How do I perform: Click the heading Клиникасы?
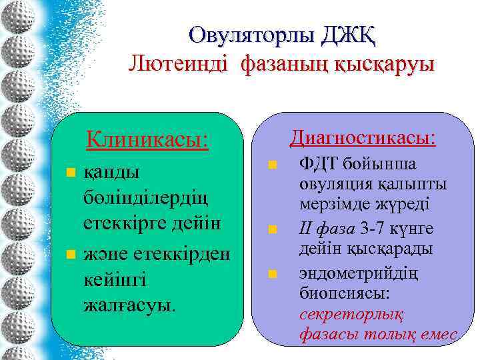(147, 141)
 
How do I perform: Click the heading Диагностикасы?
(363, 138)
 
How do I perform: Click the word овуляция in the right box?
(332, 184)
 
